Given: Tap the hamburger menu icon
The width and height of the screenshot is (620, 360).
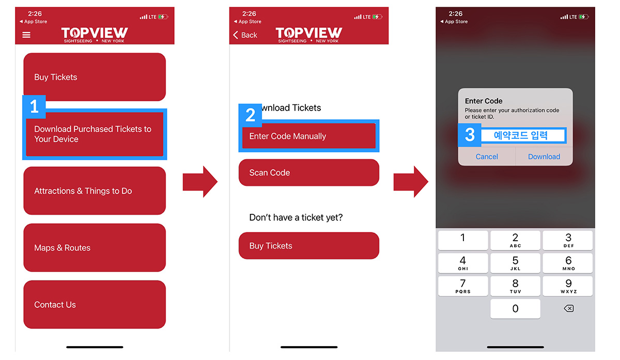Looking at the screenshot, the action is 26,35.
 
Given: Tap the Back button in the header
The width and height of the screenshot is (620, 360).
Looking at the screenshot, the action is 245,35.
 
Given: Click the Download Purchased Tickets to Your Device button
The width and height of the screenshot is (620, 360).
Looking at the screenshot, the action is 95,134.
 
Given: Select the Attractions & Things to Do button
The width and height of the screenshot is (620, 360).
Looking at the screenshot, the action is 95,191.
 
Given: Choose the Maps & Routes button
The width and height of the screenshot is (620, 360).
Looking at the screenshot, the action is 95,247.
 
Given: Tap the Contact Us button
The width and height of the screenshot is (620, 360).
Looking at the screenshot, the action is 95,304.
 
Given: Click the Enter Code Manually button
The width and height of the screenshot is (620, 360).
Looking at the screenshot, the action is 309,136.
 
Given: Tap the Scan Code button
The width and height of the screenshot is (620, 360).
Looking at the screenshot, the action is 309,173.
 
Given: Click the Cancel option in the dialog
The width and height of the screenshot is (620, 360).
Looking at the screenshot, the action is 487,156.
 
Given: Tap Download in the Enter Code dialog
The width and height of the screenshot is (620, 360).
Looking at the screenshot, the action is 544,156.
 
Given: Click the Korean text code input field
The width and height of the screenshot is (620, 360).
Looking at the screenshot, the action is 523,135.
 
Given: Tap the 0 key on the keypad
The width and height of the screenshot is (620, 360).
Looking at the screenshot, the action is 515,308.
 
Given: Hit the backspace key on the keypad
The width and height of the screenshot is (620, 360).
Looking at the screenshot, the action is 568,308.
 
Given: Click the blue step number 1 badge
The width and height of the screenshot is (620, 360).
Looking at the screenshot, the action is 34,106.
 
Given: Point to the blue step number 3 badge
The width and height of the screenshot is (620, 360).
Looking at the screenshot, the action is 470,135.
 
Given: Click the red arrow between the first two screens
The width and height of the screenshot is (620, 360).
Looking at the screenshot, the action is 200,182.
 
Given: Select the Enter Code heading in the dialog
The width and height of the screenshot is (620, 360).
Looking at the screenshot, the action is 484,101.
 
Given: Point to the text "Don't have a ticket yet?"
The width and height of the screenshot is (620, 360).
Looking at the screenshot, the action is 296,217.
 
